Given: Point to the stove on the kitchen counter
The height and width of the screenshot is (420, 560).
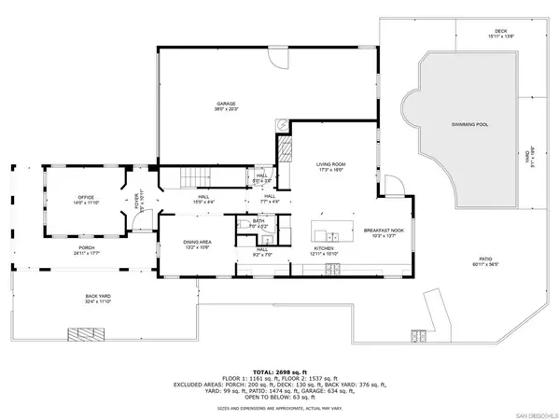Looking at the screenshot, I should click(332, 271).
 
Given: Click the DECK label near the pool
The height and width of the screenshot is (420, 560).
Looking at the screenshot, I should click(500, 33).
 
